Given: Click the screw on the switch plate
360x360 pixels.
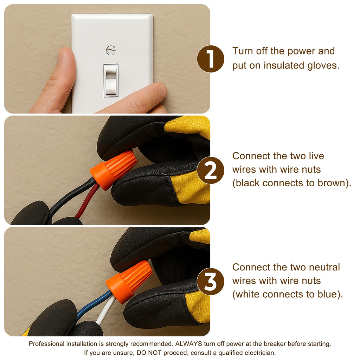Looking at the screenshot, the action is click(x=111, y=50).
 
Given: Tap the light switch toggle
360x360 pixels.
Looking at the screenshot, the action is click(x=111, y=80).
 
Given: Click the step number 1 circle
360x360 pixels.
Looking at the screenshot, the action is click(x=211, y=59).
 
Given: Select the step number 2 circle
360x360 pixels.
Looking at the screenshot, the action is click(x=211, y=171).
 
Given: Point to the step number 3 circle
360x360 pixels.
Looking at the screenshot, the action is click(x=211, y=282).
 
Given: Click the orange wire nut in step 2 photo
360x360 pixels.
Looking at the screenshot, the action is click(x=113, y=170).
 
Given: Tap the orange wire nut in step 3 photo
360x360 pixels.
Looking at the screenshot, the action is click(x=129, y=282).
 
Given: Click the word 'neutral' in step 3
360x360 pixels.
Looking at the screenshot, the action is click(x=324, y=267).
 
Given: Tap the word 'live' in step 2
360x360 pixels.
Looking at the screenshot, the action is click(x=316, y=156).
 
